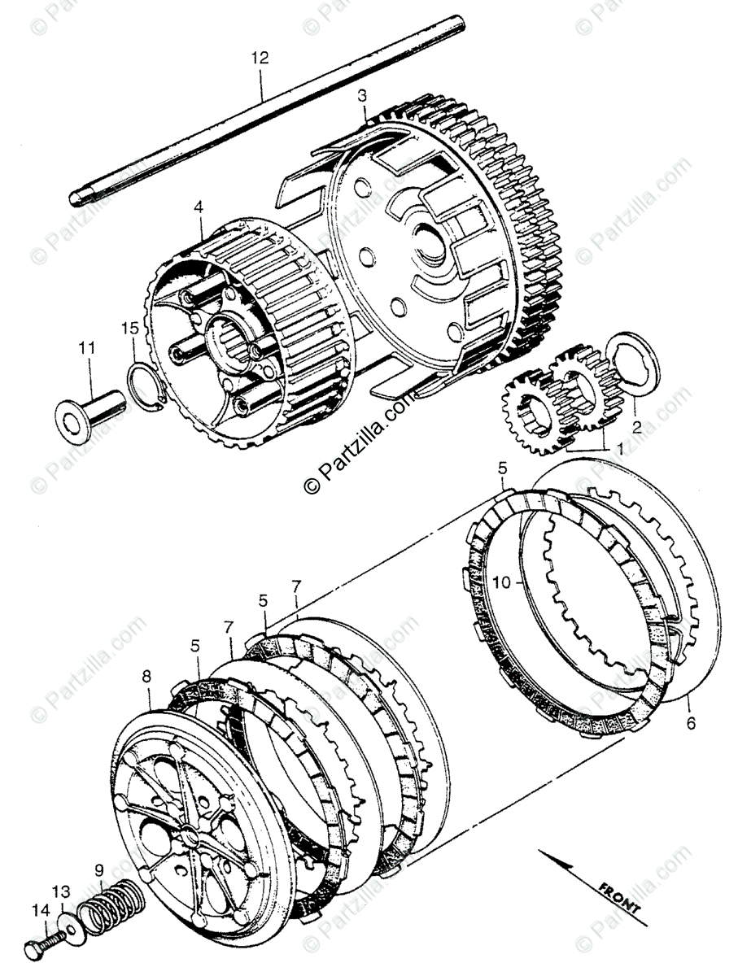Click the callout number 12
(260, 59)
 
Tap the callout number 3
(362, 97)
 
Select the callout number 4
(198, 207)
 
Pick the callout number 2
(637, 425)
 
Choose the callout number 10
(501, 582)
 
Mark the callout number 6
(691, 722)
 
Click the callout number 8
(146, 675)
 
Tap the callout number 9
(99, 869)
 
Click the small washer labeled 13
(72, 928)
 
